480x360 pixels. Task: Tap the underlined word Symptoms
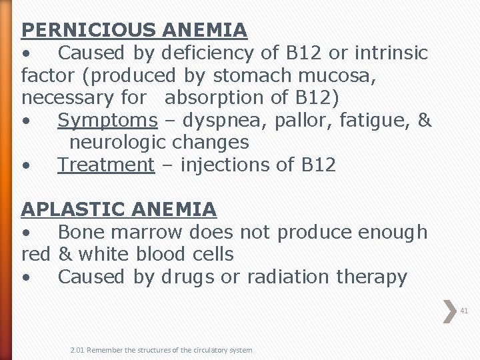tap(107, 120)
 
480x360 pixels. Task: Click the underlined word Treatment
tap(106, 165)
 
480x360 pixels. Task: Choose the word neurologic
tap(118, 142)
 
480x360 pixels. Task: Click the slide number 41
tap(464, 311)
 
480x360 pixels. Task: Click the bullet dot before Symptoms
tap(25, 121)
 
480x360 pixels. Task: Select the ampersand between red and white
tap(65, 254)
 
